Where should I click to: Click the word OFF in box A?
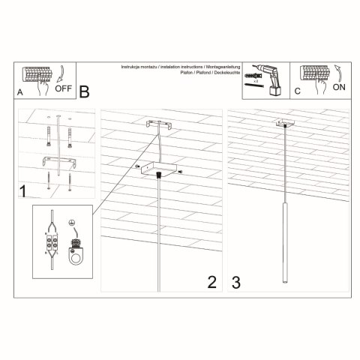(64, 88)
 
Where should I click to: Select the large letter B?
(84, 91)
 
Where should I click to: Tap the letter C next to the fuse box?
(297, 91)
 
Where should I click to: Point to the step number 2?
(211, 282)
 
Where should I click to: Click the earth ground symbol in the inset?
(73, 223)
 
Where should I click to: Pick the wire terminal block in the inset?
(52, 243)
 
